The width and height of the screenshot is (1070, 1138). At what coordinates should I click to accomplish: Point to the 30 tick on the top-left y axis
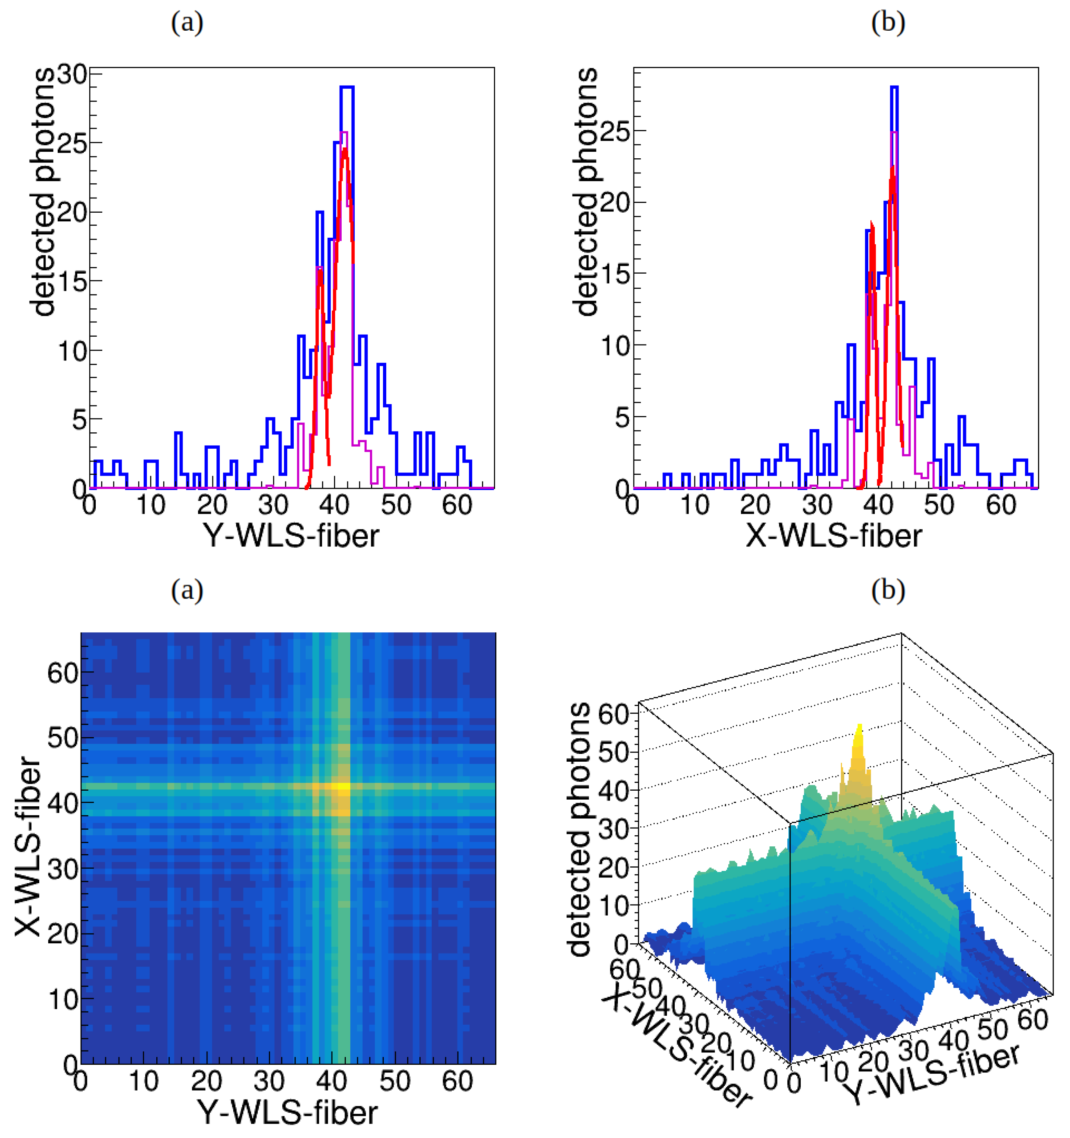(x=72, y=74)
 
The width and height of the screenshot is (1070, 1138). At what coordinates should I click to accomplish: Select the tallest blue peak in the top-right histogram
(x=894, y=88)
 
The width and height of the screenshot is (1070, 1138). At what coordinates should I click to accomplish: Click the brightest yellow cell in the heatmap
(x=343, y=786)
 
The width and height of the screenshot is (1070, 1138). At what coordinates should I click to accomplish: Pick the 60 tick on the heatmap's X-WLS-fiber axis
(x=63, y=673)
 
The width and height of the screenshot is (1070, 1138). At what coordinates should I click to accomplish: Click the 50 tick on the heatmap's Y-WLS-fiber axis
(x=394, y=1081)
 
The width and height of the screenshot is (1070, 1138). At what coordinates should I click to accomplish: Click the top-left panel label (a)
(x=187, y=23)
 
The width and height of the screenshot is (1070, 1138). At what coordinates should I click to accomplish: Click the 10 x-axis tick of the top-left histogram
(x=151, y=505)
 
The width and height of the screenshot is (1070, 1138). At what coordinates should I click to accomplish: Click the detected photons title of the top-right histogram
(x=585, y=192)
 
